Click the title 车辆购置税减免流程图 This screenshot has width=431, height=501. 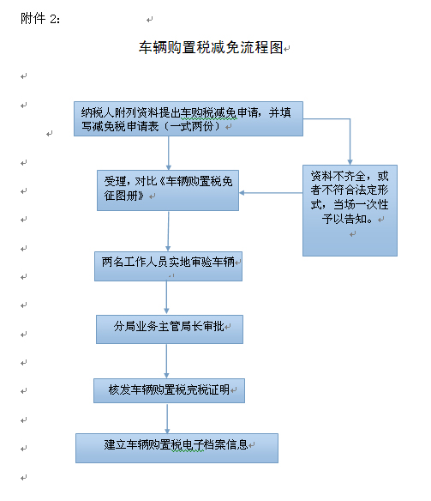pos(211,47)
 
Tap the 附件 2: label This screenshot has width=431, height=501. pos(40,19)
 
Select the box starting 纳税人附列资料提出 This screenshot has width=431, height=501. pos(189,119)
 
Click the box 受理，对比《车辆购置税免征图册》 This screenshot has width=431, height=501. pos(168,190)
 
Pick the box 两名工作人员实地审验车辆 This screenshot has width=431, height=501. pos(168,266)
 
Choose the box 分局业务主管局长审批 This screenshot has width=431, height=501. pos(170,329)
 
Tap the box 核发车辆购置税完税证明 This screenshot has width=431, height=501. pos(169,390)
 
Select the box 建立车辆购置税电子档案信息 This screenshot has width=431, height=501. pos(177,448)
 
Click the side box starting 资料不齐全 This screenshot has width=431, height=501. pos(350,210)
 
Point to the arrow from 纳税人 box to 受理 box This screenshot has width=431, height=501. pos(169,153)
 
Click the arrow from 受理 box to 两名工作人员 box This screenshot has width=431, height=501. pos(168,231)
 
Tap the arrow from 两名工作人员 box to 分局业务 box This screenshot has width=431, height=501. pos(166,298)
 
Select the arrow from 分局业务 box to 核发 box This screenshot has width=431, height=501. pos(166,361)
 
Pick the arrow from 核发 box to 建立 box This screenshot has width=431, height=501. pos(167,419)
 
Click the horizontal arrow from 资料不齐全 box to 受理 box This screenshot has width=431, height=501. pos(271,193)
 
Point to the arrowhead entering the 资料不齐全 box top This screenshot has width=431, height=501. pos(350,162)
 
